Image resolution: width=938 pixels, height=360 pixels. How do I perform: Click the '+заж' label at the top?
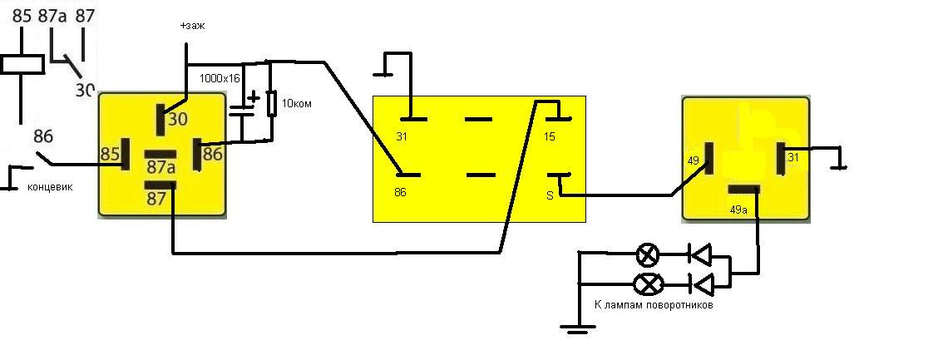[x=193, y=27]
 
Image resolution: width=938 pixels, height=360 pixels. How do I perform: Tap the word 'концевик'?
[x=49, y=187]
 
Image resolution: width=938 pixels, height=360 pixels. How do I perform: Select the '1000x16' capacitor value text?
[x=220, y=78]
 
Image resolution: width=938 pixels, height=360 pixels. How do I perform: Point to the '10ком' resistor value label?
[x=296, y=104]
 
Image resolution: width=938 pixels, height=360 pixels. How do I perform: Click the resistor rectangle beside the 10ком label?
[x=272, y=103]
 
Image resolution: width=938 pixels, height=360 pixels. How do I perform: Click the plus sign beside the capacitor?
[x=254, y=97]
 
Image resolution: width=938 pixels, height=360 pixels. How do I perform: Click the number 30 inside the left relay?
[x=177, y=119]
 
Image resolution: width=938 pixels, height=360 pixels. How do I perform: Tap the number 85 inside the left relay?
[x=110, y=155]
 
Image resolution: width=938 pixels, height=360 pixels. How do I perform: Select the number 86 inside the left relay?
[x=212, y=155]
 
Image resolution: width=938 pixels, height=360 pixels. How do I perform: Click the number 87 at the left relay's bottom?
[x=156, y=199]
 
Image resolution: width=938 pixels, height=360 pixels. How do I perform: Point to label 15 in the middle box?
[x=550, y=137]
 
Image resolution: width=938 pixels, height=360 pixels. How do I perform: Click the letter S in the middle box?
[x=550, y=195]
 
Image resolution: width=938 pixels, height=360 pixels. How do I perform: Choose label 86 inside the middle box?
[x=400, y=193]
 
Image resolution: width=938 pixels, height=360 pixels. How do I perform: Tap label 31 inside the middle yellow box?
[x=402, y=137]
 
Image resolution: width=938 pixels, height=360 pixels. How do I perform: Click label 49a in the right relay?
[x=738, y=210]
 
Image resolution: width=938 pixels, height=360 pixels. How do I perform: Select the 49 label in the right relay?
[x=694, y=160]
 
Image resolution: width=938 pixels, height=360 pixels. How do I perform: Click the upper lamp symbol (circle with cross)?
[x=647, y=255]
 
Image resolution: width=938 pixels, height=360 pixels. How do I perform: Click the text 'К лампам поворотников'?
[x=654, y=305]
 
